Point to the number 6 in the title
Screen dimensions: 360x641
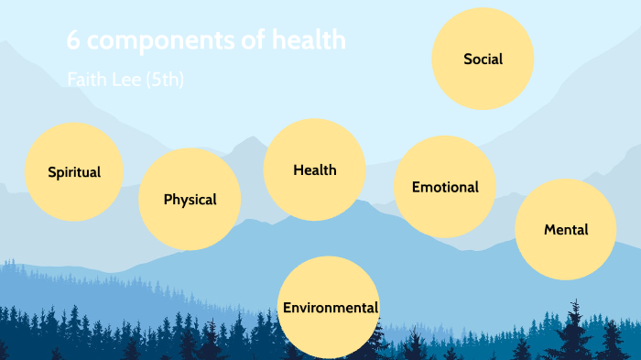73,41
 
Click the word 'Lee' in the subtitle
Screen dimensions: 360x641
127,81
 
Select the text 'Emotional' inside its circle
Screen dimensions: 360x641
445,187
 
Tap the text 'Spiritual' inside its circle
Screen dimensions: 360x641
74,172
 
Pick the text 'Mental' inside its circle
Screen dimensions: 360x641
566,230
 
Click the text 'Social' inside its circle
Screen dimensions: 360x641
483,60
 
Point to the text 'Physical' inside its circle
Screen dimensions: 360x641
190,200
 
